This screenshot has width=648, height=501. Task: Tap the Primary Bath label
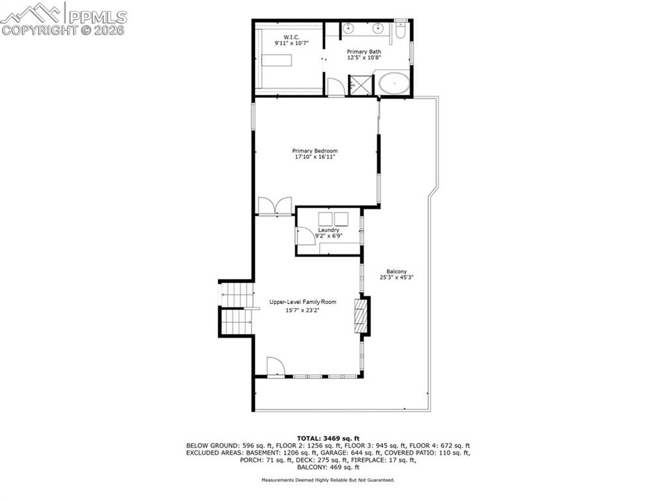point(364,52)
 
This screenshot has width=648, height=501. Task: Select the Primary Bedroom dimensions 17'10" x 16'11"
point(315,157)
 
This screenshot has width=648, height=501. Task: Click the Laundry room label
point(328,230)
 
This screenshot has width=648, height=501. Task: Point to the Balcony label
point(396,271)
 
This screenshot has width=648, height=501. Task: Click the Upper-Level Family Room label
point(303,302)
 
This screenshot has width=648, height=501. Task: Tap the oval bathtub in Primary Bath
point(394,85)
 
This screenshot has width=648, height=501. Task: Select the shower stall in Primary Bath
point(360,85)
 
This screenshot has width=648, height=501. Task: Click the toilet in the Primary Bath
point(401,30)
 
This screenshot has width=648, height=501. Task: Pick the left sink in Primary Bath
point(348,29)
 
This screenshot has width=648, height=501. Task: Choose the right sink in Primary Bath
point(377,29)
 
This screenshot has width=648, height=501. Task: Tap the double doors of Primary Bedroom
point(275,205)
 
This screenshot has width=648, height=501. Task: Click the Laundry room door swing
point(305,236)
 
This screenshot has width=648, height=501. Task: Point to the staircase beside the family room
point(236,308)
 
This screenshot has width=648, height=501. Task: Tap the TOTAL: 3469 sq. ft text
point(328,438)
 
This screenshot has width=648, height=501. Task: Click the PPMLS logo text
point(96,13)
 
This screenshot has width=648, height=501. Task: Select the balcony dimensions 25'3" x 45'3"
point(397,278)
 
